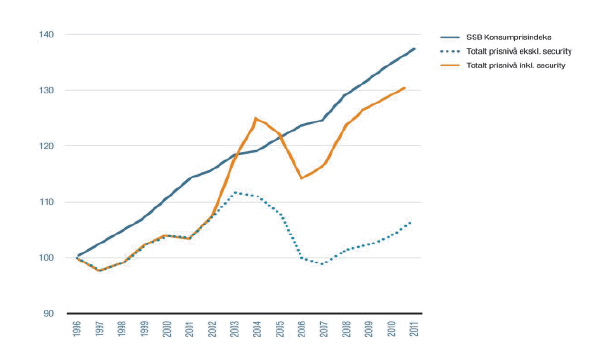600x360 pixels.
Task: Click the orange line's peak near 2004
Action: (x=256, y=119)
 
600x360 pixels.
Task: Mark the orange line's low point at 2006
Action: (x=301, y=178)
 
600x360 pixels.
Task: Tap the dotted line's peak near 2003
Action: (x=234, y=192)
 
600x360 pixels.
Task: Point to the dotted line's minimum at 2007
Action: (x=323, y=264)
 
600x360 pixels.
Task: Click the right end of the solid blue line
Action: (x=414, y=48)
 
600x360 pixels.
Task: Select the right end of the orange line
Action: (x=404, y=87)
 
